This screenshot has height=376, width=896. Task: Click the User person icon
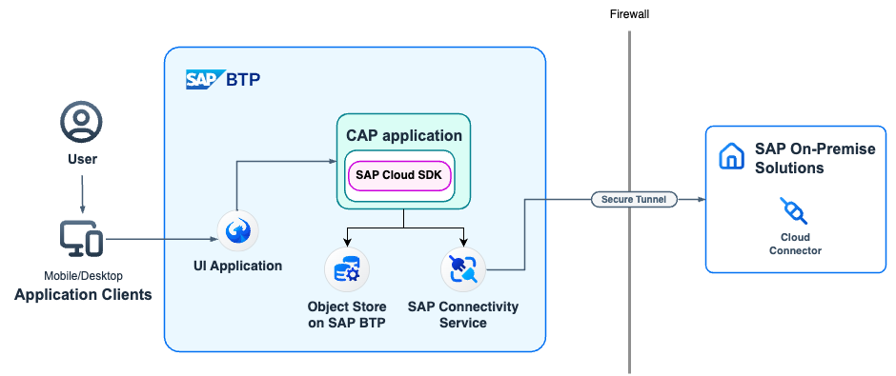tap(81, 123)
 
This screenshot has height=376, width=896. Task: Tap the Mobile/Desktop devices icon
tap(81, 238)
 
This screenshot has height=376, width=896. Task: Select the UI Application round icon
tap(238, 231)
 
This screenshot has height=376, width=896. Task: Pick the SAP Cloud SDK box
tap(399, 174)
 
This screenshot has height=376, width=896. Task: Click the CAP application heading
tap(404, 135)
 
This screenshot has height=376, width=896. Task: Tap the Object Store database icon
tap(346, 270)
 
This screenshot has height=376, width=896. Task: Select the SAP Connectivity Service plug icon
tap(463, 270)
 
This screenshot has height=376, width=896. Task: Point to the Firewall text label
tap(629, 14)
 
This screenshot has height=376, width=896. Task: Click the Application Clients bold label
tap(83, 295)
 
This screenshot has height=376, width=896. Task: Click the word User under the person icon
tap(81, 159)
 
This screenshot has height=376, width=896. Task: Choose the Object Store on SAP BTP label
tap(347, 314)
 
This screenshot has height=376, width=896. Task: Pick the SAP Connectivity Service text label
tap(463, 314)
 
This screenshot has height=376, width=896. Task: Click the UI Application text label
tap(238, 266)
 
